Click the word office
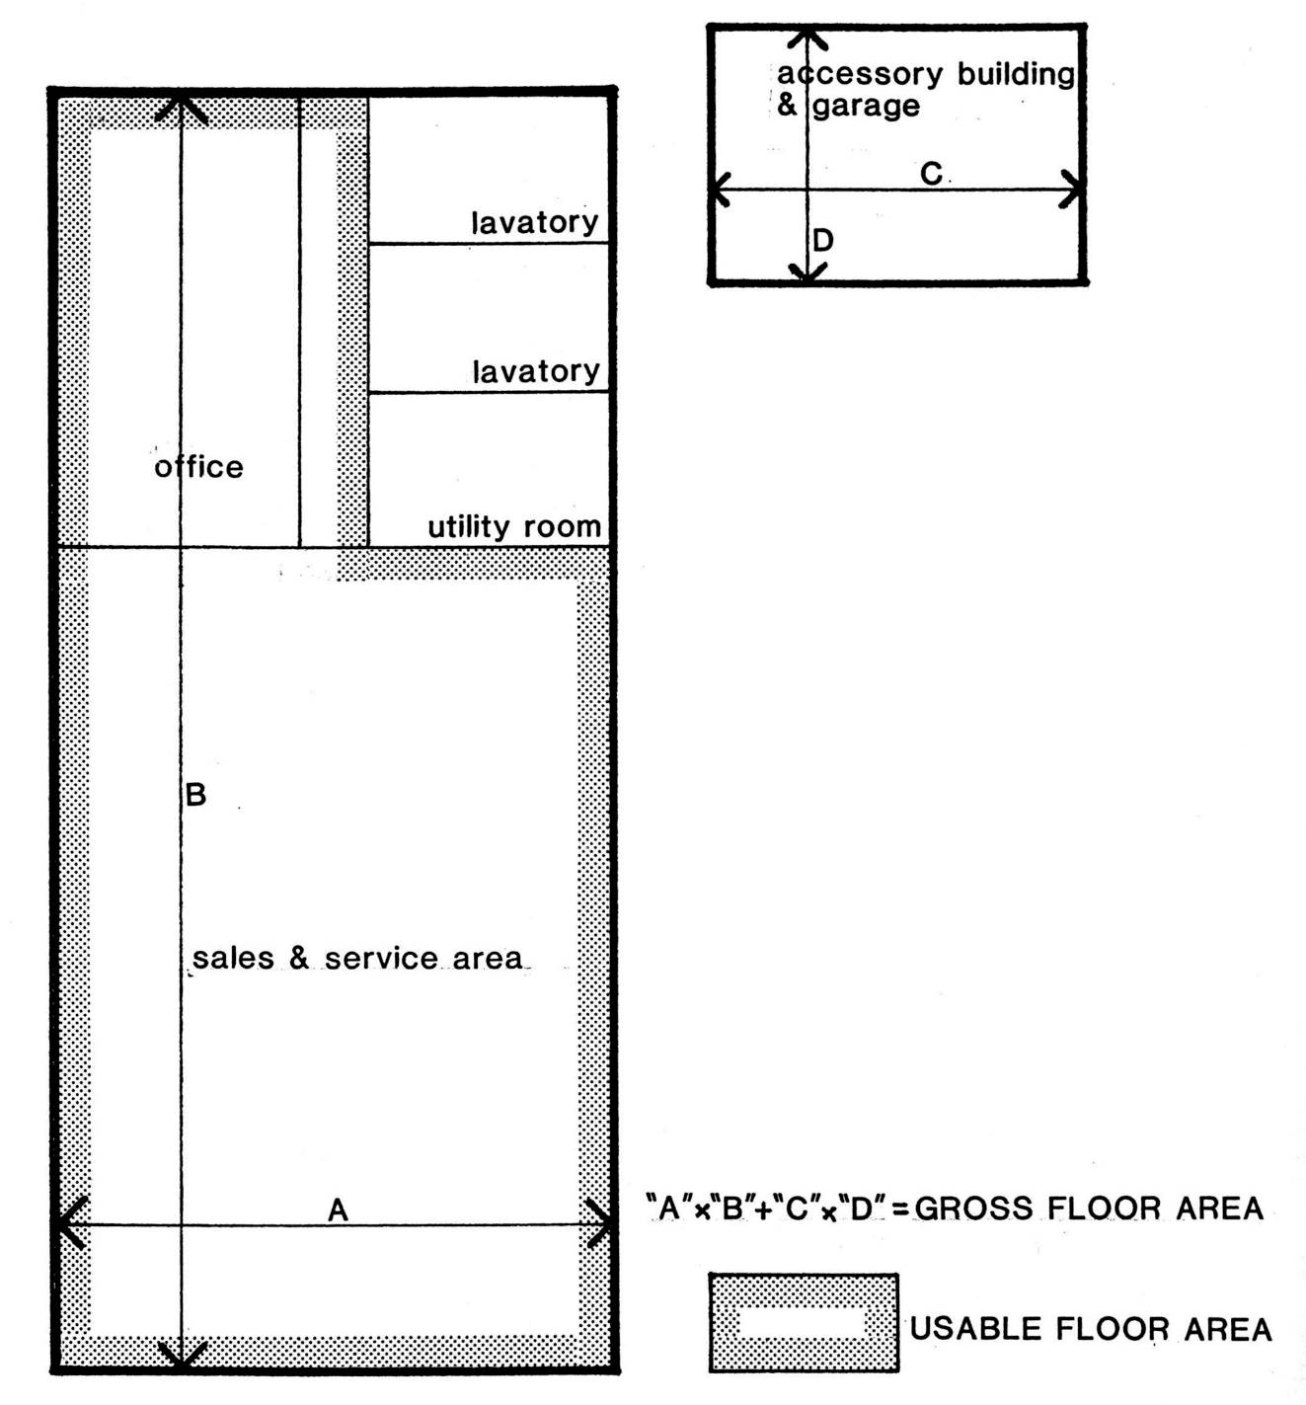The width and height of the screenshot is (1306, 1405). (198, 466)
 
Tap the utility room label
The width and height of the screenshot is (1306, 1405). (514, 526)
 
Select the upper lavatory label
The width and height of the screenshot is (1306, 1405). (535, 223)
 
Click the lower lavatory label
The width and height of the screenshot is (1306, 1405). (536, 370)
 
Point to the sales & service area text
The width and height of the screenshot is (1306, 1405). (357, 958)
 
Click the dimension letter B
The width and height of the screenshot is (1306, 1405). (196, 795)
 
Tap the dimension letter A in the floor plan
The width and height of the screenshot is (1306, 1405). (339, 1210)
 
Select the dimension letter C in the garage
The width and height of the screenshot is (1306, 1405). (931, 174)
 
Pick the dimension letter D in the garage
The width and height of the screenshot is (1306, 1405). (823, 241)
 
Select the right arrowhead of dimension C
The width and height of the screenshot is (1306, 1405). (1072, 189)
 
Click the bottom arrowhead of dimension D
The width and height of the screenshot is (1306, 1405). (807, 275)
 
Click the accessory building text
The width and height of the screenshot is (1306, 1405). (926, 74)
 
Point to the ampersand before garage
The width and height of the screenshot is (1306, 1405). (787, 105)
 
